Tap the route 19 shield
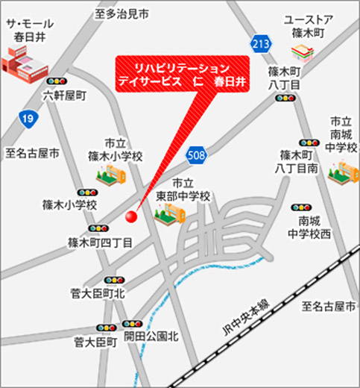(x=28, y=118)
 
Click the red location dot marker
(x=132, y=217)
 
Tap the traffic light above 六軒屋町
(x=55, y=81)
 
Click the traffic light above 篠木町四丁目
(x=96, y=228)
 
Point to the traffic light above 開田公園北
(x=132, y=324)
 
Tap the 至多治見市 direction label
(x=121, y=13)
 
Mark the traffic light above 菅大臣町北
(x=114, y=280)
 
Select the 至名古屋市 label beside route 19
(x=32, y=154)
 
